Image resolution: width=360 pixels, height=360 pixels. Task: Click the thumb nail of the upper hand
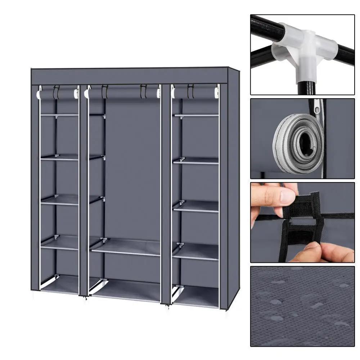(x=288, y=197)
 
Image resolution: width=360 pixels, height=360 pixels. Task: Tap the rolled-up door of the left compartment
(x=58, y=95)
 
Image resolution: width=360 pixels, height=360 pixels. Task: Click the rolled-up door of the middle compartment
(x=122, y=94)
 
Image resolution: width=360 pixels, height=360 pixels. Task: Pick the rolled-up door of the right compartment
(x=194, y=93)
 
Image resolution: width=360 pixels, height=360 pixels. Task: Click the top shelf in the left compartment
(x=59, y=115)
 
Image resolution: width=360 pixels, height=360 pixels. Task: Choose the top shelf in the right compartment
(x=196, y=115)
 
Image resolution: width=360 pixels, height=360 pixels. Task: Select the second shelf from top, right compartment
(x=197, y=161)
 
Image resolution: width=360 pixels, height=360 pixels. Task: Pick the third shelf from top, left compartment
(x=59, y=200)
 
